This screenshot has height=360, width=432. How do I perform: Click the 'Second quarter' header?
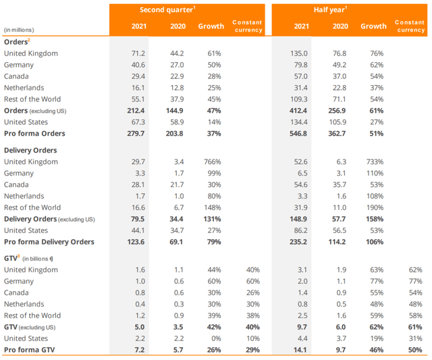point(166,10)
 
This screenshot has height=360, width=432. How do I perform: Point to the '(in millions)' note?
point(19,30)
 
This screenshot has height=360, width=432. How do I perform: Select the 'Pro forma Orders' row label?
point(34,134)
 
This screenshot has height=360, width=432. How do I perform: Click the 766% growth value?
point(213,161)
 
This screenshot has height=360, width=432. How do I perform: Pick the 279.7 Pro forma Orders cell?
point(136,134)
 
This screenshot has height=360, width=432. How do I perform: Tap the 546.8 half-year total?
point(298,134)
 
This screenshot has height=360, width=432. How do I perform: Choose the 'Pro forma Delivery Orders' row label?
point(49,242)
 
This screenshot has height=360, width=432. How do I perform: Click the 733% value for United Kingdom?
point(375,161)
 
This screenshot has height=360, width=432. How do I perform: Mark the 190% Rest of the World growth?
point(375,207)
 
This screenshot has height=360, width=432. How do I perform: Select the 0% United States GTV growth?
point(216,338)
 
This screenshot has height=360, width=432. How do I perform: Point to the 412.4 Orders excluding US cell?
point(298,111)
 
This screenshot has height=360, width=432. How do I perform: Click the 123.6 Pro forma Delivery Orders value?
point(136,242)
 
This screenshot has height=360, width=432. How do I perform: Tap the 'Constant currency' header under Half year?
point(410,26)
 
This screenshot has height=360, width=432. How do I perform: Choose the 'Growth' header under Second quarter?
point(211,26)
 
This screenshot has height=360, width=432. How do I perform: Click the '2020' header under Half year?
point(340,26)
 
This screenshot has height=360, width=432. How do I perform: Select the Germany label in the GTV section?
point(19,281)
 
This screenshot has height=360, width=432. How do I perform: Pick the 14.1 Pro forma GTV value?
point(300,350)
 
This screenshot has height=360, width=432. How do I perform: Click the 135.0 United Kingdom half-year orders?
point(299,53)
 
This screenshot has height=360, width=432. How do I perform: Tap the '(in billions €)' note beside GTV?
point(38,259)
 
